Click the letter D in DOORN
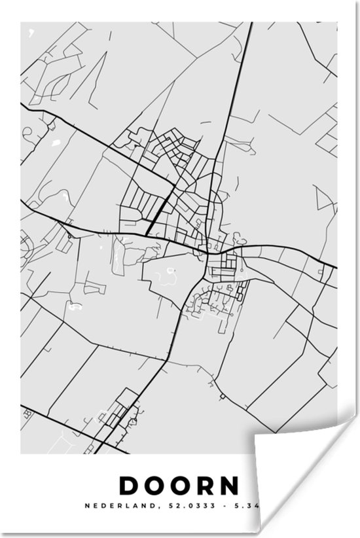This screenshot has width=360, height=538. [129, 486]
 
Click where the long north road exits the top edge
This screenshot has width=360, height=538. [252, 24]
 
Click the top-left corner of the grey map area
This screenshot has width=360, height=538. [22, 24]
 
